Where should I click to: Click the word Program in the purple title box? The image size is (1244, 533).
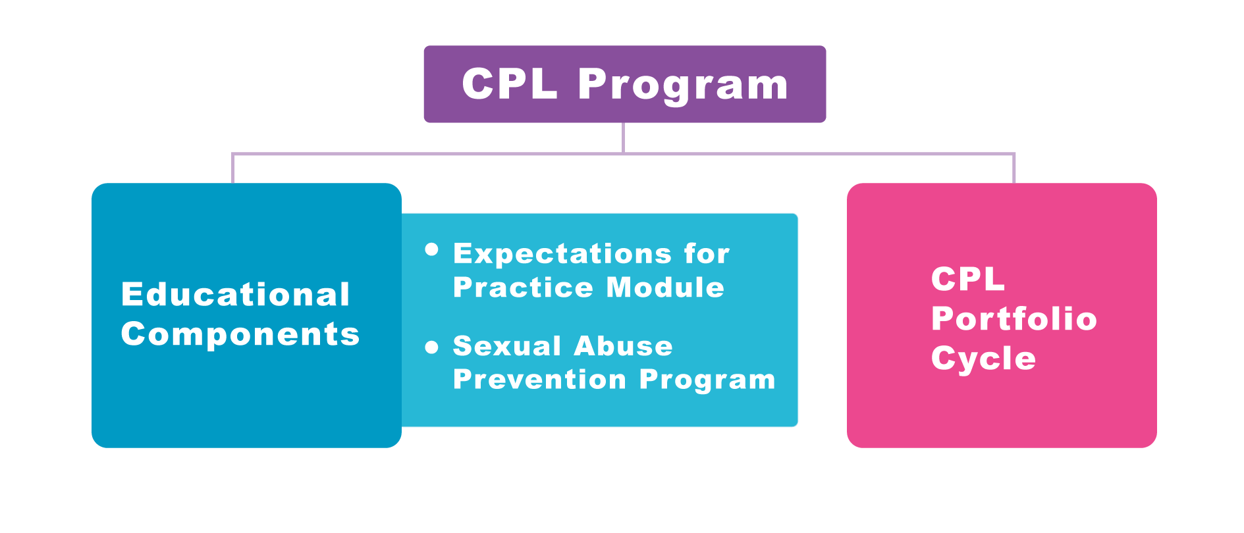pos(683,86)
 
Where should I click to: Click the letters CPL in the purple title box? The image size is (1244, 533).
pos(510,84)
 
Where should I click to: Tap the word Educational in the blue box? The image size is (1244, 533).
pos(236,294)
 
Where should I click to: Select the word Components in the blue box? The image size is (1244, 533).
pos(240,335)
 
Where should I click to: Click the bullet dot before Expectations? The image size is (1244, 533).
pos(432,249)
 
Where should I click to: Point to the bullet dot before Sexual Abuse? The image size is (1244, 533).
pos(432,347)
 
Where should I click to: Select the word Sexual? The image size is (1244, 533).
pos(507,346)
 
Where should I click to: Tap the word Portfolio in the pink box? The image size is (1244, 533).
pos(1014,319)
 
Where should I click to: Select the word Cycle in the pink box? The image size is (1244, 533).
pos(984,359)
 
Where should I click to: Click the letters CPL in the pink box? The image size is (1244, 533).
pos(968,279)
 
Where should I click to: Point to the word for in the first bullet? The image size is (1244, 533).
pos(707,253)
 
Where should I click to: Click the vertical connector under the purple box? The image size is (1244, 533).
pos(623,138)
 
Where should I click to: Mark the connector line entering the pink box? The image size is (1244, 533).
pos(1014,168)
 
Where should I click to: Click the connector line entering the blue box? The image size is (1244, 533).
pos(232,168)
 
